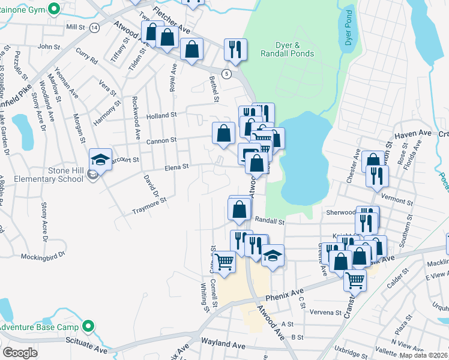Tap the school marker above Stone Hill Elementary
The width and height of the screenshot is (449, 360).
pos(100,160)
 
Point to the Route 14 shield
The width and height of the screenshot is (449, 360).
pos(94,28)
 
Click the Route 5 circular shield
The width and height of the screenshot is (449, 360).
pos(226,73)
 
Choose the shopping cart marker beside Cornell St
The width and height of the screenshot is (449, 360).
pos(224,262)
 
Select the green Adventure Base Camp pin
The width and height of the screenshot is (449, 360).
pos(89,327)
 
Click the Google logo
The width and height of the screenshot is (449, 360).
pos(20,352)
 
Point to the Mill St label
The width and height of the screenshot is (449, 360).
pos(76,27)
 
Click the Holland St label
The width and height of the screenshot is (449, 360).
pos(161,115)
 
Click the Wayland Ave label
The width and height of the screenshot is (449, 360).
pos(226,346)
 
